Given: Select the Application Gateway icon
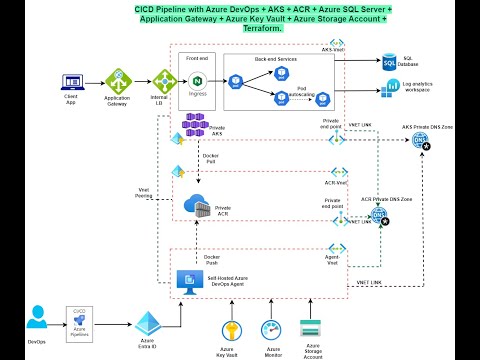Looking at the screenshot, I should tap(119, 81).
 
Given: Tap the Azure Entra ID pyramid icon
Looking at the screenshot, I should tap(147, 323).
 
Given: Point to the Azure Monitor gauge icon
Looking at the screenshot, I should tap(270, 329).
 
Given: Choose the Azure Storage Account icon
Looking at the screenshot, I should tap(310, 329).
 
